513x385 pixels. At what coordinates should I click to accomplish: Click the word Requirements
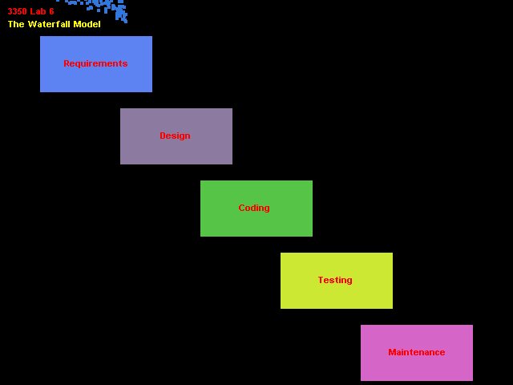click(95, 63)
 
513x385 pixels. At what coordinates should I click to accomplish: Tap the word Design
click(175, 136)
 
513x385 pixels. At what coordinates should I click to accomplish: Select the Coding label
click(254, 208)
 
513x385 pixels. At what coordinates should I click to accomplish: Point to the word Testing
click(335, 280)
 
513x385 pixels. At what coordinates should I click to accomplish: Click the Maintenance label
click(417, 352)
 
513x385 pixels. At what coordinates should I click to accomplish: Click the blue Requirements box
click(96, 64)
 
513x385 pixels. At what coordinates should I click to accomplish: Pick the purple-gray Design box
click(176, 136)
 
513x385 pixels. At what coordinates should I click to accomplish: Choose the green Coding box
click(256, 209)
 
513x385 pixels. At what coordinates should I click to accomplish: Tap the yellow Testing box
click(337, 281)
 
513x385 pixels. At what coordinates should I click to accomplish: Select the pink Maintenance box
click(417, 353)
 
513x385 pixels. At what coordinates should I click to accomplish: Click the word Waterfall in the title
click(49, 24)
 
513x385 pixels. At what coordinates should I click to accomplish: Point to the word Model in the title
click(87, 24)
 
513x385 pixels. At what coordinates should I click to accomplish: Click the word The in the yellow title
click(16, 24)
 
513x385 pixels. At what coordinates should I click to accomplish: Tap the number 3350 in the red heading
click(18, 11)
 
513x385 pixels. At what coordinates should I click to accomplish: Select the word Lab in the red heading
click(38, 11)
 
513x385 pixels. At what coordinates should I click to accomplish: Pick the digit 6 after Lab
click(51, 11)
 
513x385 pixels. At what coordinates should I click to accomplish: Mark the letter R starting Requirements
click(67, 63)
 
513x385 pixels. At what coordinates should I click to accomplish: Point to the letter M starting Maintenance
click(392, 352)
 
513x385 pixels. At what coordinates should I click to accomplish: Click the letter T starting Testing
click(321, 280)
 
